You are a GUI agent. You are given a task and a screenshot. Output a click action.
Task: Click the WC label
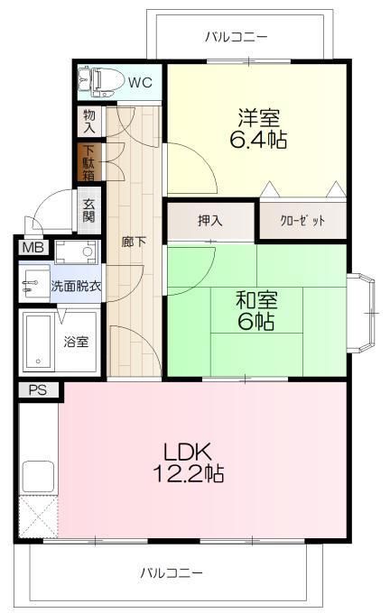click(140, 83)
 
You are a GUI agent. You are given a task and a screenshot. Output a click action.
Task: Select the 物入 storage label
click(89, 122)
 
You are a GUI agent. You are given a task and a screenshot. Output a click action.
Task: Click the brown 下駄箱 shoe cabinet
click(89, 162)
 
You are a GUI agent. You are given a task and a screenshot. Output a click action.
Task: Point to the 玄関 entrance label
click(88, 211)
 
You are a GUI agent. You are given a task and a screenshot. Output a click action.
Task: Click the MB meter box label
click(33, 247)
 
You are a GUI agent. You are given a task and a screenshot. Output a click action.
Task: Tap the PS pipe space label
click(38, 389)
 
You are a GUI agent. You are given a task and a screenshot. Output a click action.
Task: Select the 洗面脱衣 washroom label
click(76, 286)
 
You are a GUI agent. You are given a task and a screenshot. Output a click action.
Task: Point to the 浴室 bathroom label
click(77, 342)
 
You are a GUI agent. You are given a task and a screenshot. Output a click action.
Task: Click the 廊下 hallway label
click(134, 242)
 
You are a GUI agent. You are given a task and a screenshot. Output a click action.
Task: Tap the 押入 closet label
click(210, 221)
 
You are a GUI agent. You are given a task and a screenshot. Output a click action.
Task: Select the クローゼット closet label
click(302, 221)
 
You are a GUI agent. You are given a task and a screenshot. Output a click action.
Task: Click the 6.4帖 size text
click(258, 140)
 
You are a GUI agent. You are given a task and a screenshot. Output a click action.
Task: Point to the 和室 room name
click(256, 300)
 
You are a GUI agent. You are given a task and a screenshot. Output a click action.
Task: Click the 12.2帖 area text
click(188, 473)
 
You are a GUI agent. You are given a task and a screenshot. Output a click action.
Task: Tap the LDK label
click(188, 452)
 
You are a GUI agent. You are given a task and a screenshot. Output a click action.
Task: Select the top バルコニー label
click(237, 37)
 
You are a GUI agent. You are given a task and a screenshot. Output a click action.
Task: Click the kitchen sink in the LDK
click(38, 476)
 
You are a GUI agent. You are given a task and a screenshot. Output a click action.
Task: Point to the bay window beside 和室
click(361, 313)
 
